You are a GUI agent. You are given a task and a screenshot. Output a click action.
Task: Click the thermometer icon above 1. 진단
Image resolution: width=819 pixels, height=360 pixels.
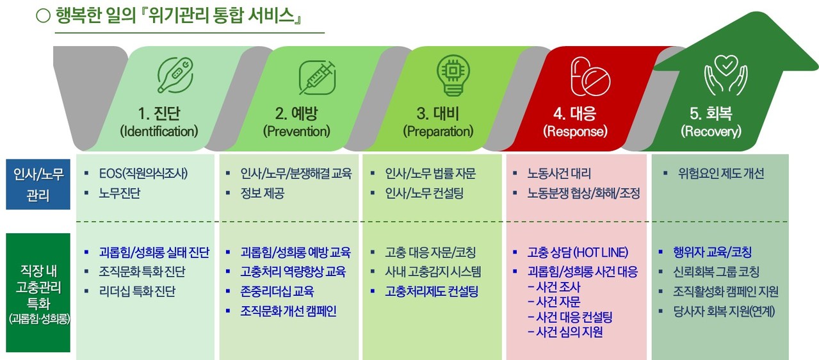(175, 76)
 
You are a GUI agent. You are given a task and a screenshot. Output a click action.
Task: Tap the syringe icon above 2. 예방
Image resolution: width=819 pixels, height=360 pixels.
(317, 78)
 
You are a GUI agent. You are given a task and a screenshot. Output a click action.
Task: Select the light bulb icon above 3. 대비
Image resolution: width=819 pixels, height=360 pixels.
(453, 76)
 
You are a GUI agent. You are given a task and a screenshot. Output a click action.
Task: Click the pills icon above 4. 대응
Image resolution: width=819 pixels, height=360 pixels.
(590, 76)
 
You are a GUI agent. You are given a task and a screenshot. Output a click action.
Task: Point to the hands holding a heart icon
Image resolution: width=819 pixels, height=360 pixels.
(726, 75)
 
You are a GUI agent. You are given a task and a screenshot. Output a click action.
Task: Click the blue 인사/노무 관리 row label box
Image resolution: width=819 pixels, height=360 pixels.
(38, 184)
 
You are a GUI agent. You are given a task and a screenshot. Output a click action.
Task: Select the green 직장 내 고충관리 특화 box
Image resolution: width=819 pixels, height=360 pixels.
(38, 293)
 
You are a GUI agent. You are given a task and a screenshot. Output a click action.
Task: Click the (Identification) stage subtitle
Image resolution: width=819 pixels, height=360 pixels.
(159, 131)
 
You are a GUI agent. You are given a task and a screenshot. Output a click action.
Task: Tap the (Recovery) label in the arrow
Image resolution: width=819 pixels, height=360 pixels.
(711, 131)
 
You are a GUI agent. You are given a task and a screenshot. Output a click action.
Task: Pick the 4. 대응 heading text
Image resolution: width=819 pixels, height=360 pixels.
(575, 113)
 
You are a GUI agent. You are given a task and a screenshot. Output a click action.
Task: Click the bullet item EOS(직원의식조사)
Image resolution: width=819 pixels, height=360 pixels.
(143, 173)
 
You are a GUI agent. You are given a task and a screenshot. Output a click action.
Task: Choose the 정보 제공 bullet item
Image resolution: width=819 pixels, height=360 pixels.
(262, 193)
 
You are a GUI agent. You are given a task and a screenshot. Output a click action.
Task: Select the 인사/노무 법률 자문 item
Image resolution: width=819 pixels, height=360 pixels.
(430, 173)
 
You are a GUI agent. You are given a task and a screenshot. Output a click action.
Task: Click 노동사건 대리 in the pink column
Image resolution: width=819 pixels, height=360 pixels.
(559, 173)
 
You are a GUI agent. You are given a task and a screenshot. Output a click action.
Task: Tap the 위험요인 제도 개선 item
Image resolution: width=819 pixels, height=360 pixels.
(721, 173)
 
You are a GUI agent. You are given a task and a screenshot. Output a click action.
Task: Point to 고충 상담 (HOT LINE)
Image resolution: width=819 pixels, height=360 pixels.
(578, 252)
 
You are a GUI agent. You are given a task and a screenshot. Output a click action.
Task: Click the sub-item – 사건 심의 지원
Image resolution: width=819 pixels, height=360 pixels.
(565, 332)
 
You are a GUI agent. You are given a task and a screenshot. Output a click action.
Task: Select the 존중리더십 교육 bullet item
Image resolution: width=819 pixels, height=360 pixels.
(277, 291)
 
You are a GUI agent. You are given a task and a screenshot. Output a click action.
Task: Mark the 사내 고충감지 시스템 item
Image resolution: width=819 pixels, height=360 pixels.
(433, 272)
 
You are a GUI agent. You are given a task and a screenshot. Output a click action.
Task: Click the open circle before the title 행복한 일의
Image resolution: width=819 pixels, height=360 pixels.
(43, 15)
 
